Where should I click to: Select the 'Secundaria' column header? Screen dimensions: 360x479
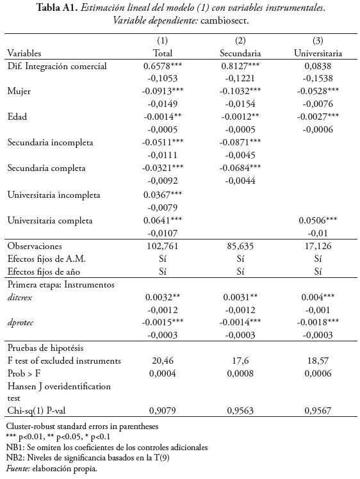coord(241,53)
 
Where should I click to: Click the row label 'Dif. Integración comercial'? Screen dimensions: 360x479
coord(57,66)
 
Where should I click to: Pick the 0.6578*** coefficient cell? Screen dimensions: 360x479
coord(163,66)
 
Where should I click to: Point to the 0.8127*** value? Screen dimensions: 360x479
coord(241,66)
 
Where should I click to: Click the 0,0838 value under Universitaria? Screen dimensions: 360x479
coord(318,66)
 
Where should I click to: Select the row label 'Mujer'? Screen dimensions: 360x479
coord(19,92)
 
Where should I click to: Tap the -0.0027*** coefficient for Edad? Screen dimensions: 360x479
coord(318,117)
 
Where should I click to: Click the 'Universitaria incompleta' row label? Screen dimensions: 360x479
coord(54,194)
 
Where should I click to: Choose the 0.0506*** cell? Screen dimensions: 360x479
coord(318,220)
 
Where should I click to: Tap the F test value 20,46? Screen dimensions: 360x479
coord(163,361)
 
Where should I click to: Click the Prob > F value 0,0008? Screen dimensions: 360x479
coord(241,373)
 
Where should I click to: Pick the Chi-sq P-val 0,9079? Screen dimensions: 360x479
coord(163,410)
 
